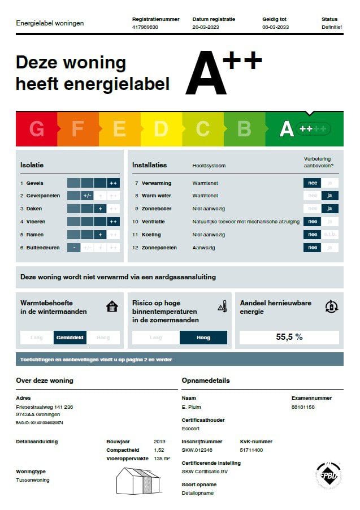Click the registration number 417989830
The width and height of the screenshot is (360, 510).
[145, 27]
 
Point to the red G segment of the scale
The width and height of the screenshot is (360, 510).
[37, 129]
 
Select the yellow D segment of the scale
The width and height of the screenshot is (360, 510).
[161, 129]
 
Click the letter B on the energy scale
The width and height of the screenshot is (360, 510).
[244, 129]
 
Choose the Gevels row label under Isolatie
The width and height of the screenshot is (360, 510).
[34, 183]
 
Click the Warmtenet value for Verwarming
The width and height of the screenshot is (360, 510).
[205, 183]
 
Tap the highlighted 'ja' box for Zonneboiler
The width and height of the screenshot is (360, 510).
[329, 209]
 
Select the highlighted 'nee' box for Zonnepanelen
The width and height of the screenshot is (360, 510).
[312, 247]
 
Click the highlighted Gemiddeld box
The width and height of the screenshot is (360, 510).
[70, 338]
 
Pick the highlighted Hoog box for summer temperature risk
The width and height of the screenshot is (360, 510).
[203, 338]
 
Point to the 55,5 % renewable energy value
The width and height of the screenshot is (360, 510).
[289, 337]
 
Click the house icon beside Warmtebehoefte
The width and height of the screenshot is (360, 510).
[112, 306]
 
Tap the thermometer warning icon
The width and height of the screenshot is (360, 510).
[222, 306]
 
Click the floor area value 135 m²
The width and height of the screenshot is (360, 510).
[162, 459]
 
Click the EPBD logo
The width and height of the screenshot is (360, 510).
[328, 475]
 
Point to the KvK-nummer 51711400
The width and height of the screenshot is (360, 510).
[252, 450]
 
